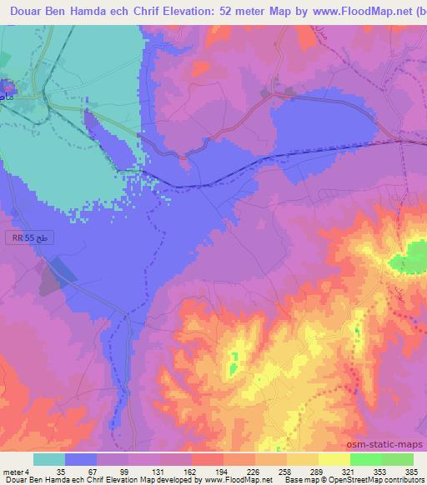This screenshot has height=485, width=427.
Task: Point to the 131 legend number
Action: click(x=154, y=471)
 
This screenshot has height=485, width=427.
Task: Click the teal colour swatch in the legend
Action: click(x=48, y=459)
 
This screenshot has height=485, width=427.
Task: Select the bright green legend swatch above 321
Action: click(x=365, y=459)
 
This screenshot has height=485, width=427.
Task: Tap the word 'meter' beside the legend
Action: click(x=13, y=471)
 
